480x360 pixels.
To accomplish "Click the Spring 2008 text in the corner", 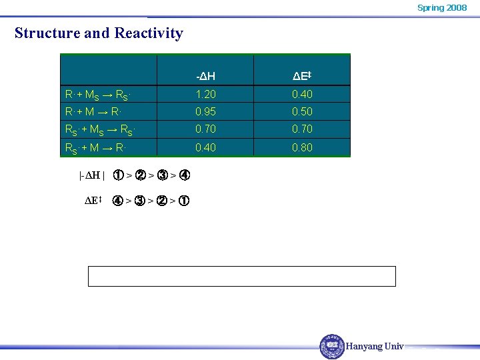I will [441, 7].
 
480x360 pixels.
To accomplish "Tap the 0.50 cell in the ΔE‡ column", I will [302, 111].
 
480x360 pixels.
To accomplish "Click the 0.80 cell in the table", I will [302, 147].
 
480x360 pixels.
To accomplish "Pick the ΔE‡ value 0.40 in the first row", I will [302, 94].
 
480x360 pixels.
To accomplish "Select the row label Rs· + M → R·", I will [96, 147].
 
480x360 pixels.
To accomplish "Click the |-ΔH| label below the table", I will [92, 176].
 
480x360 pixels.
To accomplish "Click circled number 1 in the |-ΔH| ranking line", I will [118, 176].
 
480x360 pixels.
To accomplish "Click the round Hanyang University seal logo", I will [332, 347].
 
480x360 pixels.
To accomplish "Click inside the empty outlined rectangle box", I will [242, 276].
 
